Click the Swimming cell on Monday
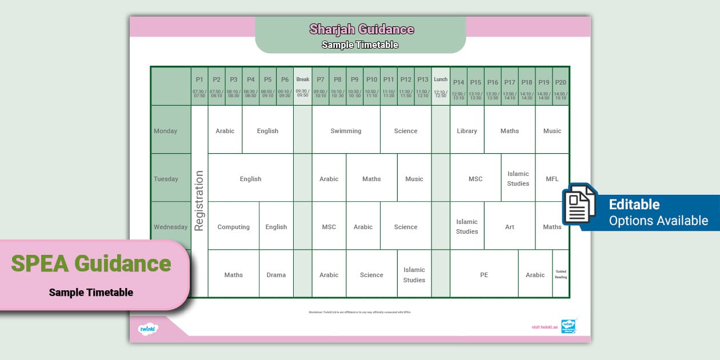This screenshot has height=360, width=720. pos(346,131)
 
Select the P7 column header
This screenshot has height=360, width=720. pos(320,86)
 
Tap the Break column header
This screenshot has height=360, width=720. pos(303,86)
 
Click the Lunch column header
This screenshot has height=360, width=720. pos(441,86)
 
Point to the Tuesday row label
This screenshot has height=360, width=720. pos(166,179)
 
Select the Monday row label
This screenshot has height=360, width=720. pos(166,131)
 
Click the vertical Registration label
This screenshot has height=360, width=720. pos(199,201)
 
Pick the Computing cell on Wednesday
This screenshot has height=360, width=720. pos(233,227)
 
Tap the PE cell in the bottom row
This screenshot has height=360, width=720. pos(484,275)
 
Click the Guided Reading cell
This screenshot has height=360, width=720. pos(561,274)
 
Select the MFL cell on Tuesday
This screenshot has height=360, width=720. pos(552,179)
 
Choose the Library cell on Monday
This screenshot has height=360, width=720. pos(467,131)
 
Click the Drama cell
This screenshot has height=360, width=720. pos(276,275)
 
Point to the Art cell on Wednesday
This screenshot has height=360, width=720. pos(510,227)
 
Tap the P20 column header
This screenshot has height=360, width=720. pos(561,86)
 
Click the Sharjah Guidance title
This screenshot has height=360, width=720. pos(361,29)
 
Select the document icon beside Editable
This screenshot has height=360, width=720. pos(579,205)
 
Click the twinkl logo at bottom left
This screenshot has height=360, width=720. pos(147,329)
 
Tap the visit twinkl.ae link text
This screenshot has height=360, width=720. pos(544,327)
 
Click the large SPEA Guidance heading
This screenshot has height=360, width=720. pos(91,263)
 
